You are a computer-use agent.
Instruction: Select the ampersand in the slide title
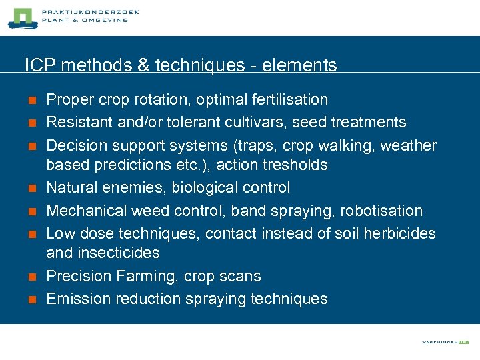click(x=144, y=65)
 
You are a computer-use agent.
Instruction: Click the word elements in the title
click(x=300, y=65)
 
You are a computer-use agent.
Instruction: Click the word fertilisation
click(x=289, y=100)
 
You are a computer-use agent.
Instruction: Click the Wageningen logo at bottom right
click(x=445, y=341)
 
